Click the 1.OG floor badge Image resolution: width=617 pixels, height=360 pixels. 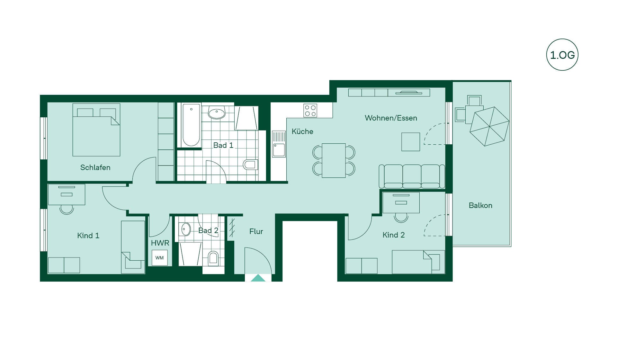(x=562, y=55)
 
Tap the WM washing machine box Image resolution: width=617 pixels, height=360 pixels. (x=159, y=257)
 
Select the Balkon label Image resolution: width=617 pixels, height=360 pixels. (x=480, y=205)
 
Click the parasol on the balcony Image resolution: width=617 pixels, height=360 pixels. (x=489, y=126)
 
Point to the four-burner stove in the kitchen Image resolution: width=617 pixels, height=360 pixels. (x=310, y=110)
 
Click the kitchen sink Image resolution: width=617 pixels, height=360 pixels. (x=279, y=144)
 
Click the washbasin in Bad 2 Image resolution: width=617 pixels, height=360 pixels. (x=185, y=230)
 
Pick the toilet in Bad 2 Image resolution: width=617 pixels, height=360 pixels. (x=213, y=258)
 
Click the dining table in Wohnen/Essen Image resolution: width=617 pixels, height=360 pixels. (x=334, y=160)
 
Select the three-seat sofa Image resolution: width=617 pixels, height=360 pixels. (x=412, y=176)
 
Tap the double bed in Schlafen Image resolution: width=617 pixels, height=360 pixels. (x=96, y=130)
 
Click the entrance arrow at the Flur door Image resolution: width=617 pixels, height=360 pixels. (x=258, y=278)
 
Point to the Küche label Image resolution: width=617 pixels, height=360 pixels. (x=302, y=131)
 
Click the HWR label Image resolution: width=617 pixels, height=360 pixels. (x=160, y=243)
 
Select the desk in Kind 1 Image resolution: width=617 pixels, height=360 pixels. (x=67, y=194)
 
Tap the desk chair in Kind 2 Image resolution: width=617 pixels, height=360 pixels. (x=401, y=218)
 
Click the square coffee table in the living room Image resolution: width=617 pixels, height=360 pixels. (x=411, y=142)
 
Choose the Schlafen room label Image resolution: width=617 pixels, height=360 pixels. (x=95, y=167)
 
